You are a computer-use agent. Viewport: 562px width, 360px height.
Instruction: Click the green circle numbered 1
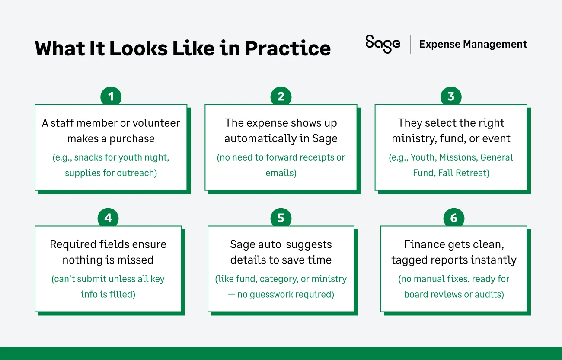[x=111, y=96]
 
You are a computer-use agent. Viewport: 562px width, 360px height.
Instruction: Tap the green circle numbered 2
[x=281, y=96]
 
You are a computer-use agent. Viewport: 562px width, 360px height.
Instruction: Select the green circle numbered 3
[x=451, y=96]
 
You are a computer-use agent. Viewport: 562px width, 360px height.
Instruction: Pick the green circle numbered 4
[x=108, y=218]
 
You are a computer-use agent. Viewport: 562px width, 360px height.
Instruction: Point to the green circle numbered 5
[x=281, y=218]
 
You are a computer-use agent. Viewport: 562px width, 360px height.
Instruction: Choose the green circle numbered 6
[x=454, y=218]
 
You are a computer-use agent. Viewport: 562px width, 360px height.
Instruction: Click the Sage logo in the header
[x=383, y=44]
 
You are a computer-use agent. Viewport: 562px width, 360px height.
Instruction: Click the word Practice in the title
[x=287, y=48]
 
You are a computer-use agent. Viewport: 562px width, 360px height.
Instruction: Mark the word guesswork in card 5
[x=265, y=295]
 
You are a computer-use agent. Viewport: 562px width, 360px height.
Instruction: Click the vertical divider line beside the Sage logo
[x=410, y=44]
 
